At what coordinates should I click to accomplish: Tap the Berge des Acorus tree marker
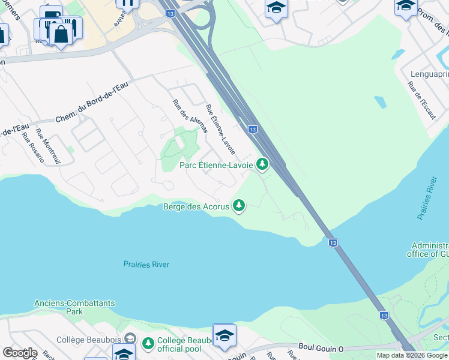[240, 206]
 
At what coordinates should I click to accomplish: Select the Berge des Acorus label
[196, 206]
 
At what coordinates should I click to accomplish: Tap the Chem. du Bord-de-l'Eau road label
[92, 103]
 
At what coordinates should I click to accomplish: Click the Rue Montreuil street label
[48, 146]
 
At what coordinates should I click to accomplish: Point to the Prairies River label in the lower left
[146, 264]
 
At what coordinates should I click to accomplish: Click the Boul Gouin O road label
[322, 347]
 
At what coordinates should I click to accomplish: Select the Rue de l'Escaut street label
[421, 99]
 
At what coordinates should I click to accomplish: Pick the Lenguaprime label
[429, 74]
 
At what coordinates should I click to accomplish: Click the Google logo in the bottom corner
[20, 353]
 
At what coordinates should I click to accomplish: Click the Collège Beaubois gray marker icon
[130, 340]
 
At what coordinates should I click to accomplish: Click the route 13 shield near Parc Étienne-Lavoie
[253, 129]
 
